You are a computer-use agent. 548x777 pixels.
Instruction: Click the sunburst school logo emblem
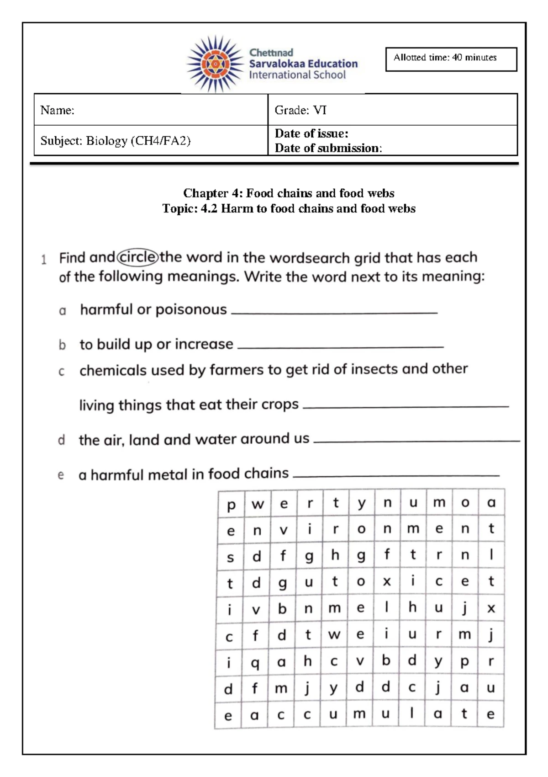point(215,64)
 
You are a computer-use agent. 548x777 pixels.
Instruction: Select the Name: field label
point(57,110)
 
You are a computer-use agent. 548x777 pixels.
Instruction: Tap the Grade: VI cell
point(300,110)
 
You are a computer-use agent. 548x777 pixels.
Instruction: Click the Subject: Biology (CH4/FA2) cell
point(115,141)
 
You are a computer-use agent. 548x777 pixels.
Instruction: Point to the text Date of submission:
point(328,148)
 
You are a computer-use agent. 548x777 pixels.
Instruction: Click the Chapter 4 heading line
point(289,193)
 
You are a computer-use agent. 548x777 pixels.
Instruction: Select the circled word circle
point(138,257)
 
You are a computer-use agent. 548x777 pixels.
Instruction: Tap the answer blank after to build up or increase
point(341,346)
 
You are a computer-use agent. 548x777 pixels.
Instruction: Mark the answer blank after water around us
point(416,440)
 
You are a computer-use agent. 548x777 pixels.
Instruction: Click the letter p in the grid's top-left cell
point(231,505)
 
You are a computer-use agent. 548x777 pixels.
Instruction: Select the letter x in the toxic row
point(387,581)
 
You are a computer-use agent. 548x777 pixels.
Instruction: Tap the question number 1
point(44,260)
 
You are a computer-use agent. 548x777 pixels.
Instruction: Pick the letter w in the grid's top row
point(258,505)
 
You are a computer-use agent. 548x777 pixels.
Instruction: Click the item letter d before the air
point(61,440)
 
